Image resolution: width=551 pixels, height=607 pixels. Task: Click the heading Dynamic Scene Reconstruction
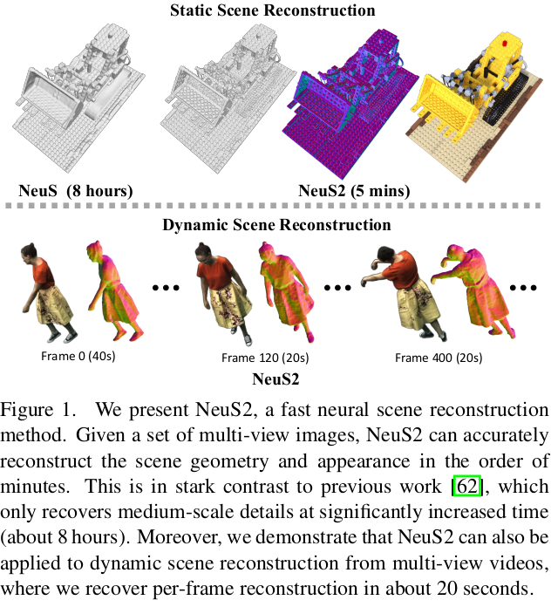(275, 225)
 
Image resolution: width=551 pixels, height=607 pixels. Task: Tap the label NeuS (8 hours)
(76, 190)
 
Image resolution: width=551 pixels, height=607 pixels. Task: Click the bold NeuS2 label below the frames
(275, 379)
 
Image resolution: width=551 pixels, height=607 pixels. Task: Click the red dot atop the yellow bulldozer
(505, 41)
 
